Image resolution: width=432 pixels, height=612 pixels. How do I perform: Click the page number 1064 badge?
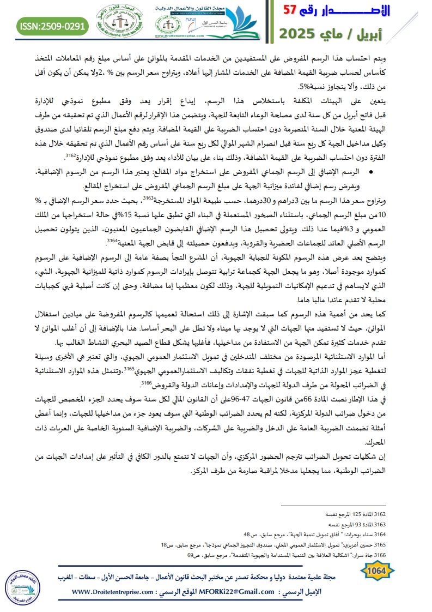point(377,571)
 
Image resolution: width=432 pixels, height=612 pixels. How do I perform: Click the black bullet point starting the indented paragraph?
point(370,172)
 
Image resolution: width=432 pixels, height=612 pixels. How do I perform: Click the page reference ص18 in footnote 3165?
point(166,545)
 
